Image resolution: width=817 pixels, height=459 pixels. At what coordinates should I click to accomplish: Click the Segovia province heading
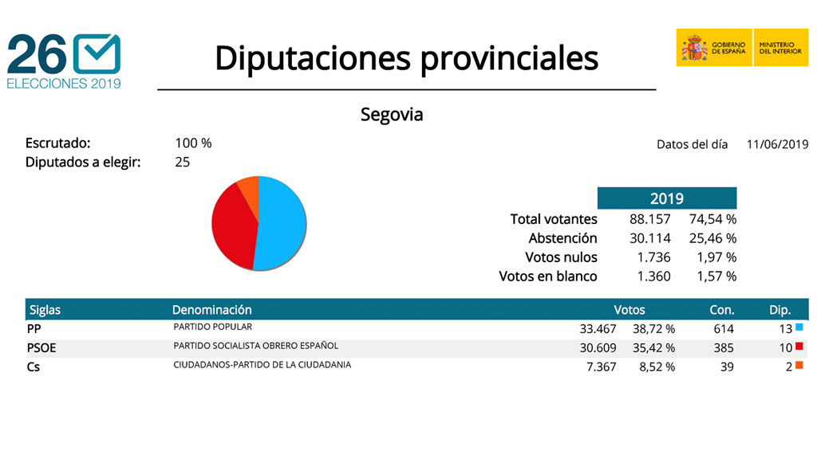392,115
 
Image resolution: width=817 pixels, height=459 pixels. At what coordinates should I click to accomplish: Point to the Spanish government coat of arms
693,48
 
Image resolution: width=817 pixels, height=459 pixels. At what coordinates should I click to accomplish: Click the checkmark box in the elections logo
96,54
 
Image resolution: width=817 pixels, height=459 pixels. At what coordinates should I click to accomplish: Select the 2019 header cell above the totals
666,198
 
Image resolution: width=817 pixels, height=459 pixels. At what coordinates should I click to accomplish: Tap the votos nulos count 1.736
653,257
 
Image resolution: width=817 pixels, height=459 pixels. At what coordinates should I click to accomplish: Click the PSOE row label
41,348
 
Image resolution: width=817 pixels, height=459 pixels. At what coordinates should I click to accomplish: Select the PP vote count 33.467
598,329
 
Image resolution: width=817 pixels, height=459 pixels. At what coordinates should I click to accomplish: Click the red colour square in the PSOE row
799,347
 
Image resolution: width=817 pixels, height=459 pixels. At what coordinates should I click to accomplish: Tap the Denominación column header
211,310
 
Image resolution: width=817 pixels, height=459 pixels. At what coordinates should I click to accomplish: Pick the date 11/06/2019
777,144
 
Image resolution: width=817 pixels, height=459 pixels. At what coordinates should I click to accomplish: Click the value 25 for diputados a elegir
183,163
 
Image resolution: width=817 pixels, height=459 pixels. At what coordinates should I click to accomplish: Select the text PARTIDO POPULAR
212,327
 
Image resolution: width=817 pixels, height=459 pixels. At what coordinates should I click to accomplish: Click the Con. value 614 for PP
723,329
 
